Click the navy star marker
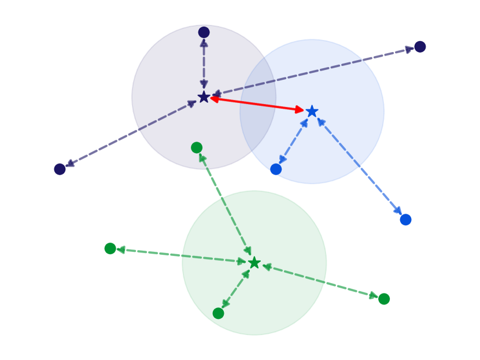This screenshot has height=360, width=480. click(204, 97)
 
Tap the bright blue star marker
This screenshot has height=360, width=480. click(312, 111)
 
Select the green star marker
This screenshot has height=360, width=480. click(254, 263)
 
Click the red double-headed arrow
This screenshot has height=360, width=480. click(257, 104)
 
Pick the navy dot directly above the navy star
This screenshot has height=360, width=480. click(204, 32)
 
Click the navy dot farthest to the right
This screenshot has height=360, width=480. click(420, 47)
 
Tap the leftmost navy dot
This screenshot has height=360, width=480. click(60, 169)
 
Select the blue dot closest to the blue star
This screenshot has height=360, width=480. click(276, 169)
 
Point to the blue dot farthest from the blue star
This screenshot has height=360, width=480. click(405, 220)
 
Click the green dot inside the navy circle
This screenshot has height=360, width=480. click(197, 147)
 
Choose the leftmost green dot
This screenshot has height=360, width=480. click(110, 248)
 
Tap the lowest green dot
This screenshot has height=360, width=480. click(218, 313)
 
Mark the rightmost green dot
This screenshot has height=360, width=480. click(383, 299)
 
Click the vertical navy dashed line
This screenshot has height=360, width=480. click(204, 64)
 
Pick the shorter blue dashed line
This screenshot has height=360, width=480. click(294, 140)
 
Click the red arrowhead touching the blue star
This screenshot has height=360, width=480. click(300, 109)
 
